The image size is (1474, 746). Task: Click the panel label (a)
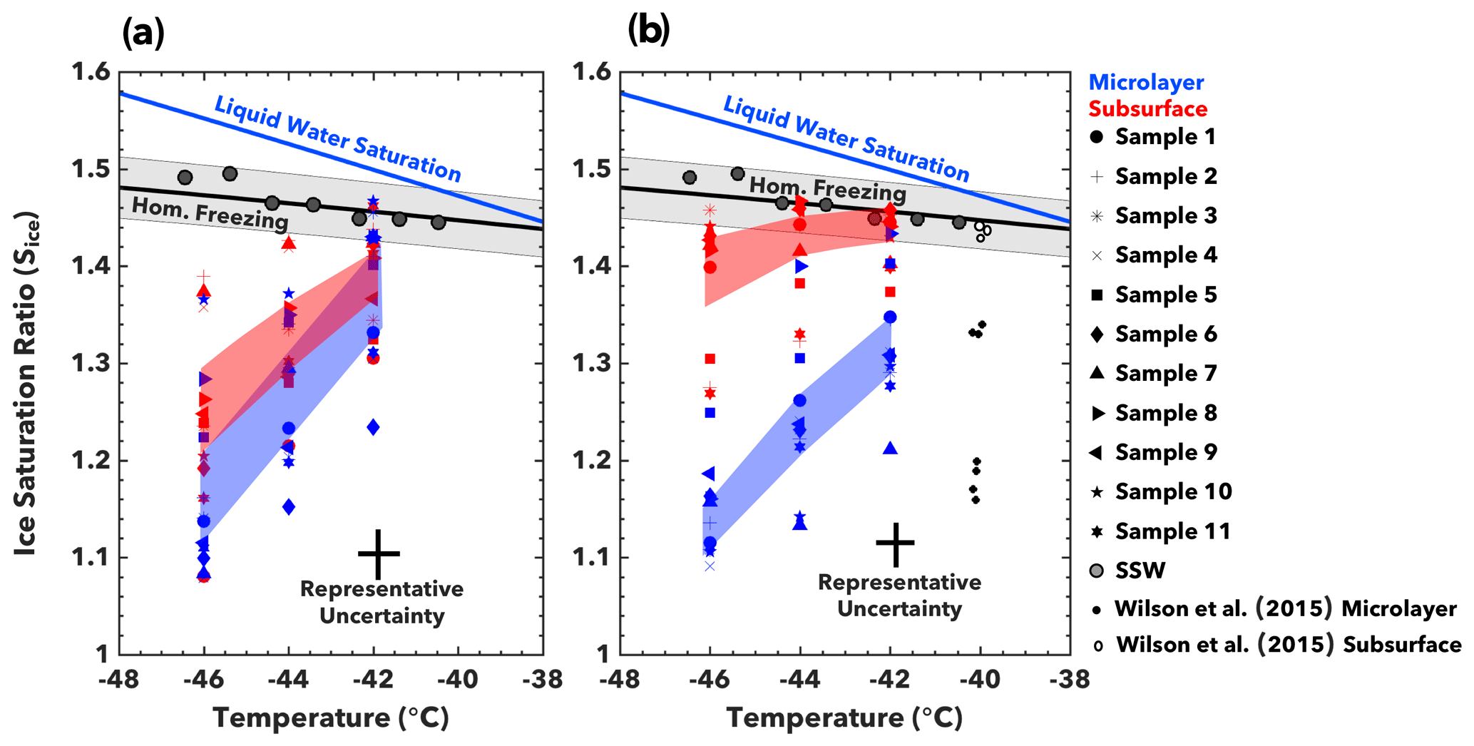point(143,33)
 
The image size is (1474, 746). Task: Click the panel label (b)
point(648,31)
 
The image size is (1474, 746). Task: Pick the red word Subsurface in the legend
point(1147,109)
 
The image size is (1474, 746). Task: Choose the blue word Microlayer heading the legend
point(1146,83)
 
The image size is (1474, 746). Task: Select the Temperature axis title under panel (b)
point(844,717)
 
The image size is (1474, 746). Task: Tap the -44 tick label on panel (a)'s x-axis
point(288,680)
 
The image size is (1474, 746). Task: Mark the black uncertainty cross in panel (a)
point(379,553)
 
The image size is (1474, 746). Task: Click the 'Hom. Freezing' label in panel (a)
point(210,213)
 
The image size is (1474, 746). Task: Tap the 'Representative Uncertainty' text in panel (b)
point(899,596)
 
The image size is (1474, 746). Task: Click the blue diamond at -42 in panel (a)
point(373,427)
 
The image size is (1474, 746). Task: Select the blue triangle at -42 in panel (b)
point(890,448)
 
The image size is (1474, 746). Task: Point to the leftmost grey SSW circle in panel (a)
point(185,178)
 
